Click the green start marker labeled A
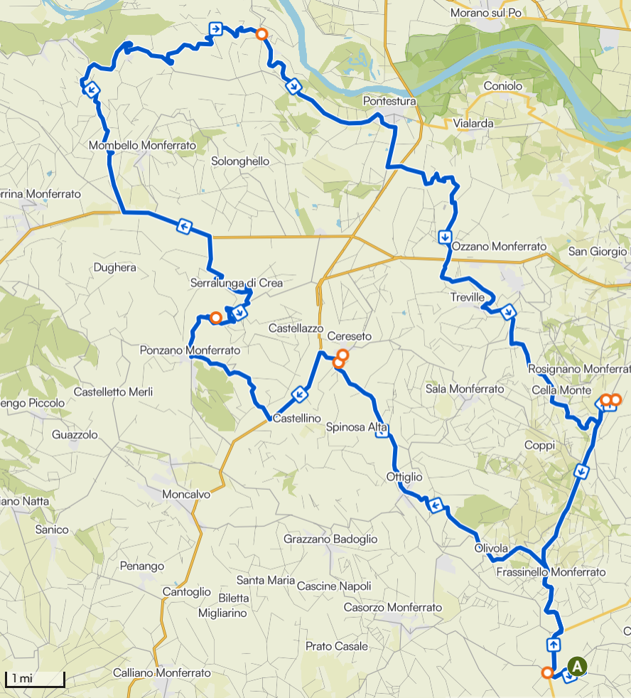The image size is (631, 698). [x=577, y=667]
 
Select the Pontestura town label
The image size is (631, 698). [x=389, y=102]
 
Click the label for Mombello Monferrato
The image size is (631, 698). [x=142, y=145]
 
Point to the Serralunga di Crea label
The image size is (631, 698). [x=237, y=283]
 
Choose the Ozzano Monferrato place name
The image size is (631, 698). [x=499, y=247]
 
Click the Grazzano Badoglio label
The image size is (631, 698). [x=330, y=539]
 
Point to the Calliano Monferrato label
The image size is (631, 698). [x=162, y=672]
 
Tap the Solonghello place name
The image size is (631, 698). [x=240, y=161]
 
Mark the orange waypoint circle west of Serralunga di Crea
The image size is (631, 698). [x=215, y=317]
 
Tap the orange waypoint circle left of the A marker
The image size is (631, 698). [x=547, y=672]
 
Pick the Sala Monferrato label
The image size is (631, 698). [x=465, y=389]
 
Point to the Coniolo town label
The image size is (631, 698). [x=502, y=86]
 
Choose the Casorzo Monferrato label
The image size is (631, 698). [x=392, y=607]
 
